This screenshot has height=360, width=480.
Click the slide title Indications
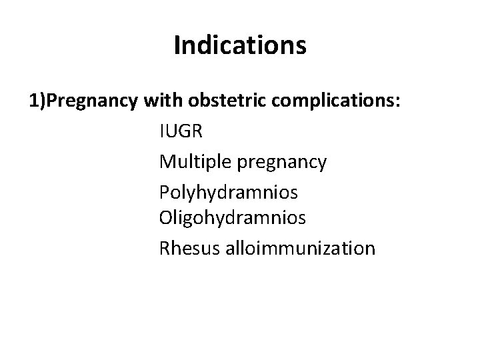(x=240, y=45)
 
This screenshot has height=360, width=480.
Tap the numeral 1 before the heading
(x=33, y=101)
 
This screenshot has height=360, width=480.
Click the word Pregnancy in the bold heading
(x=89, y=101)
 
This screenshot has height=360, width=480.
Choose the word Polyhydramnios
(x=229, y=192)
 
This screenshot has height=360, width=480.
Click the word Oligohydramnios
(x=233, y=218)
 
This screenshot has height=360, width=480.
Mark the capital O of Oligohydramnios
(x=166, y=217)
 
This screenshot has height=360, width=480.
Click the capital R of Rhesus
(x=165, y=248)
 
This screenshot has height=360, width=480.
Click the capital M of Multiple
(x=167, y=161)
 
